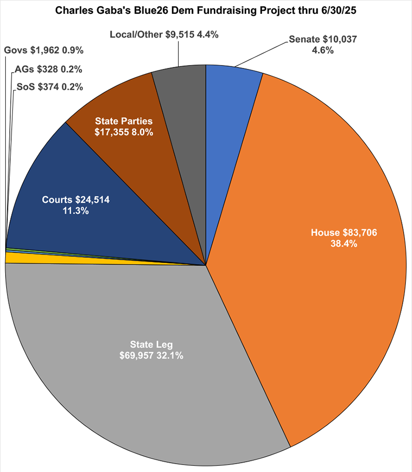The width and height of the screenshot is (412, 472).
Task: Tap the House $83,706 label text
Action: [344, 233]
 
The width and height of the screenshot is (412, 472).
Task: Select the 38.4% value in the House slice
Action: [344, 243]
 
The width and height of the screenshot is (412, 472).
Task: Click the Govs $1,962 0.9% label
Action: [44, 50]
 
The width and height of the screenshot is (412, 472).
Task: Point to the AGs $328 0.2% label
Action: [49, 69]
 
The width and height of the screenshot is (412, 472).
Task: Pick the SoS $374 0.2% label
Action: [49, 87]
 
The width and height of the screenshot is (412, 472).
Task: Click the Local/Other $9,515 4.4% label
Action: [164, 35]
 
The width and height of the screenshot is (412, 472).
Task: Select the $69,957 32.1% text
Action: [152, 355]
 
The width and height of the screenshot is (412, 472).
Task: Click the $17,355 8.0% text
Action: [124, 132]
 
